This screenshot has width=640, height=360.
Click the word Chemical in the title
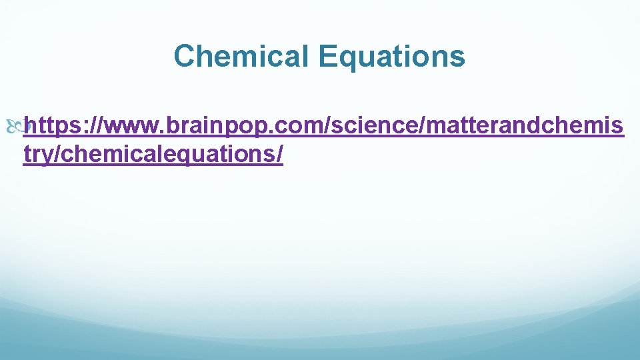click(241, 56)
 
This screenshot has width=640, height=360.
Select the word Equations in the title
click(391, 56)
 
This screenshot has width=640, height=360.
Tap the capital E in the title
click(326, 56)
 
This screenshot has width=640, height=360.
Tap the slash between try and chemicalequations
click(55, 155)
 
